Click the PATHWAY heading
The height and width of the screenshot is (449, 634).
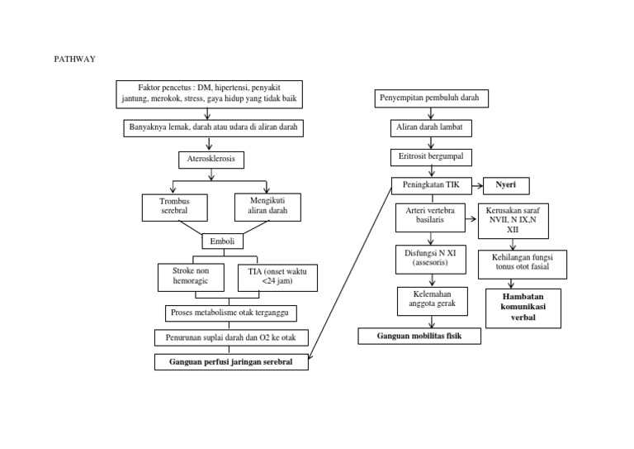tap(74, 59)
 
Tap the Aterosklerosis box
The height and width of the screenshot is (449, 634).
tap(211, 159)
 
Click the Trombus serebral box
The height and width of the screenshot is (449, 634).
tap(174, 207)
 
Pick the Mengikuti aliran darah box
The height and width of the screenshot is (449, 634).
tap(267, 205)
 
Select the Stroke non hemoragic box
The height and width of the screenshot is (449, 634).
tap(191, 276)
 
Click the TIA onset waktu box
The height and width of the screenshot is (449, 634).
tap(277, 277)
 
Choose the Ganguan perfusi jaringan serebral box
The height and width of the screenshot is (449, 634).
tap(231, 361)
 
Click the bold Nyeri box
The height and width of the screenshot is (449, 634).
tap(505, 185)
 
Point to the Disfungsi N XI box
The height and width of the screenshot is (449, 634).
tap(427, 257)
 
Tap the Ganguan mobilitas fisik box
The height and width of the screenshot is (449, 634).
tap(419, 336)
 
